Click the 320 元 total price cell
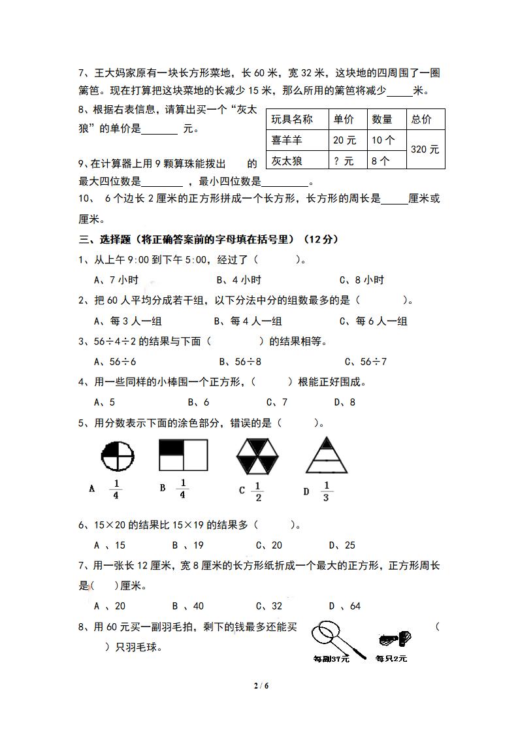425,150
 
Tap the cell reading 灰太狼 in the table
285,160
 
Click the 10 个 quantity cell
383,140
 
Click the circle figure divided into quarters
118,455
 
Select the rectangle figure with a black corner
183,455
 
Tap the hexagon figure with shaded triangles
257,455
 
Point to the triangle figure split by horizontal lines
327,455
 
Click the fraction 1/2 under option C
257,491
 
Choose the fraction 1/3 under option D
327,491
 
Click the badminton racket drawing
329,636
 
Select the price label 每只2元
391,659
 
